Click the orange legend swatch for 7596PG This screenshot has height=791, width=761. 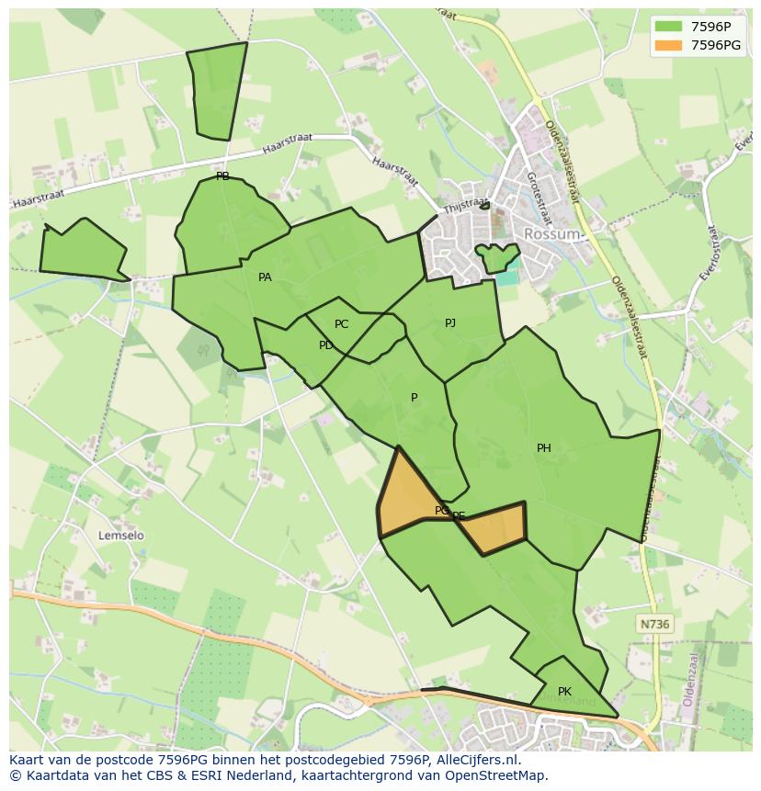pos(668,45)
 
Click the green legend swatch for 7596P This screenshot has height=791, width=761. pos(668,26)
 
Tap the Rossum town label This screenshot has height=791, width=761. pos(551,234)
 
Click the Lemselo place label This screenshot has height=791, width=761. pos(121,535)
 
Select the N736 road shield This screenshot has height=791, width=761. pos(654,624)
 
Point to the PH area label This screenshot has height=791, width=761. pos(544,448)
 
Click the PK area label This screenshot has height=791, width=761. pos(564,692)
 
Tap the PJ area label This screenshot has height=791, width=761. pos(450,323)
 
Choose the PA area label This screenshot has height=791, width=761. pos(265,277)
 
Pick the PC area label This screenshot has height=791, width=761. pos(342,324)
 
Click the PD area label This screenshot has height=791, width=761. pos(326,345)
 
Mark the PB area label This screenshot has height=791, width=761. pos(222,176)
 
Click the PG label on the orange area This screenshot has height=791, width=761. pos(442,510)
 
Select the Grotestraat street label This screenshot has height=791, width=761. pos(538,197)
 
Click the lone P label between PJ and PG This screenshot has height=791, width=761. pos(415,398)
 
